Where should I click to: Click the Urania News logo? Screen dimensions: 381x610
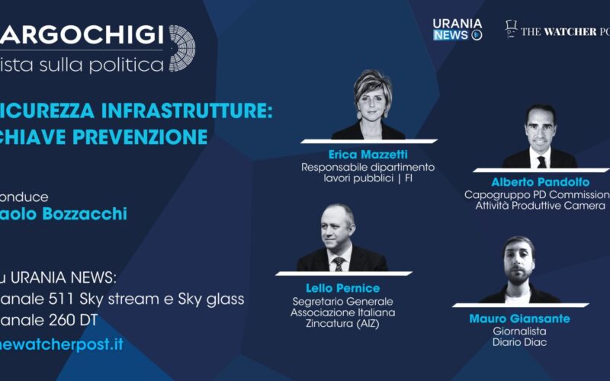pos(457,29)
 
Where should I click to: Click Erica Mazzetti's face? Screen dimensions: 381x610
pos(372,99)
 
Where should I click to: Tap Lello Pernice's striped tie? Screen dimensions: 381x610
pos(339,263)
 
